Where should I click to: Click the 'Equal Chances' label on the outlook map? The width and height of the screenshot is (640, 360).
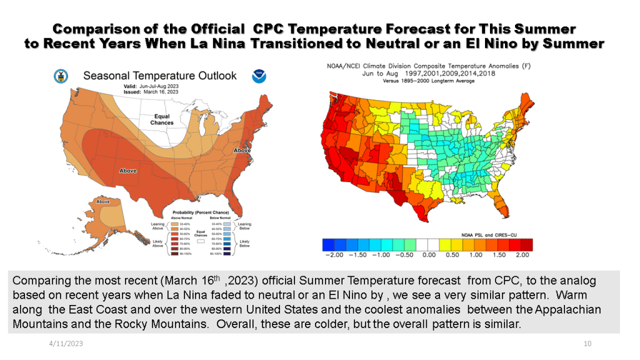[162, 119]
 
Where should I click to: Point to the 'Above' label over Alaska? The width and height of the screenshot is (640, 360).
[103, 201]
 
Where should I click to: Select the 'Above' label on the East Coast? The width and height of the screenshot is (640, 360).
[242, 151]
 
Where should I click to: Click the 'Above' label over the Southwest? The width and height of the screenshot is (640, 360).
[129, 170]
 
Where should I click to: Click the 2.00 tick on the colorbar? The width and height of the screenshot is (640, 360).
[523, 254]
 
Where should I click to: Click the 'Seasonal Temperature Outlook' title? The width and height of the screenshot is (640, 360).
[160, 76]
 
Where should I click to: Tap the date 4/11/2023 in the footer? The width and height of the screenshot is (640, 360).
[66, 344]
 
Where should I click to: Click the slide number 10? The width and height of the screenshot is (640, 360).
[587, 344]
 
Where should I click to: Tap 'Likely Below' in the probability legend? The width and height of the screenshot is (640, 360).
[244, 243]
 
